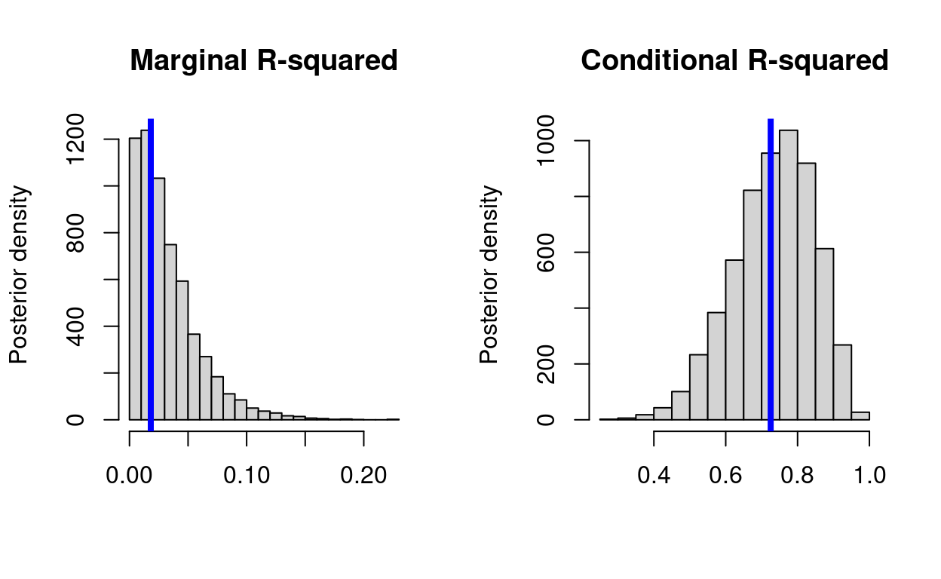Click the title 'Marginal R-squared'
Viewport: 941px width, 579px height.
point(264,60)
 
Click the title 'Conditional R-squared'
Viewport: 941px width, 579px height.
point(734,60)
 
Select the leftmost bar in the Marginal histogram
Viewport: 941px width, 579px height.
point(135,279)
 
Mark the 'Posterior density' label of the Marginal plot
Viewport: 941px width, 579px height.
point(19,275)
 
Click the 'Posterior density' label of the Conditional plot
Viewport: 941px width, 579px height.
point(489,275)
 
